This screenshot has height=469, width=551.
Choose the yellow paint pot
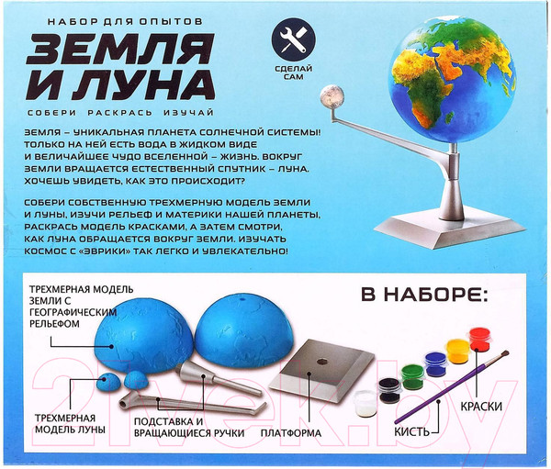pos(456,351)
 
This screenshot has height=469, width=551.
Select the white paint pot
pos(365,401)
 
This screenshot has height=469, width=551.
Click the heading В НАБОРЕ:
pos(425,295)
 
